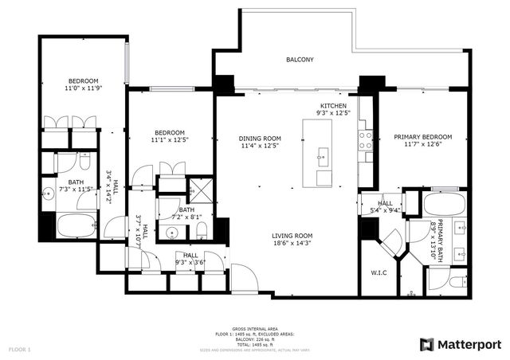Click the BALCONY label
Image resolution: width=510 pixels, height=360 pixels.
pyautogui.click(x=300, y=60)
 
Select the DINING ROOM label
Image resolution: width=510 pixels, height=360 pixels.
pyautogui.click(x=261, y=137)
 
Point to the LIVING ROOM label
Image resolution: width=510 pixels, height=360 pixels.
pyautogui.click(x=292, y=236)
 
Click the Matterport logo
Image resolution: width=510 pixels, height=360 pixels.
pyautogui.click(x=461, y=343)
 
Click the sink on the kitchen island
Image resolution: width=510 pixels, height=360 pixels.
pyautogui.click(x=323, y=154)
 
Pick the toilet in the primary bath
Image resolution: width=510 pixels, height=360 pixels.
pyautogui.click(x=456, y=282)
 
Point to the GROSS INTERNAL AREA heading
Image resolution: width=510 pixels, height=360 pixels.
pyautogui.click(x=254, y=329)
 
